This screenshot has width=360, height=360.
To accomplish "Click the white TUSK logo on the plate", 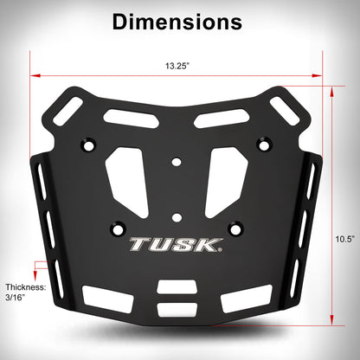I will click(x=177, y=245).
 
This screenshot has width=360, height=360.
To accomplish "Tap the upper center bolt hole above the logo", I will click(x=177, y=161).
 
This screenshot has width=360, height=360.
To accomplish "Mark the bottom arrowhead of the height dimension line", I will click(x=332, y=320).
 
